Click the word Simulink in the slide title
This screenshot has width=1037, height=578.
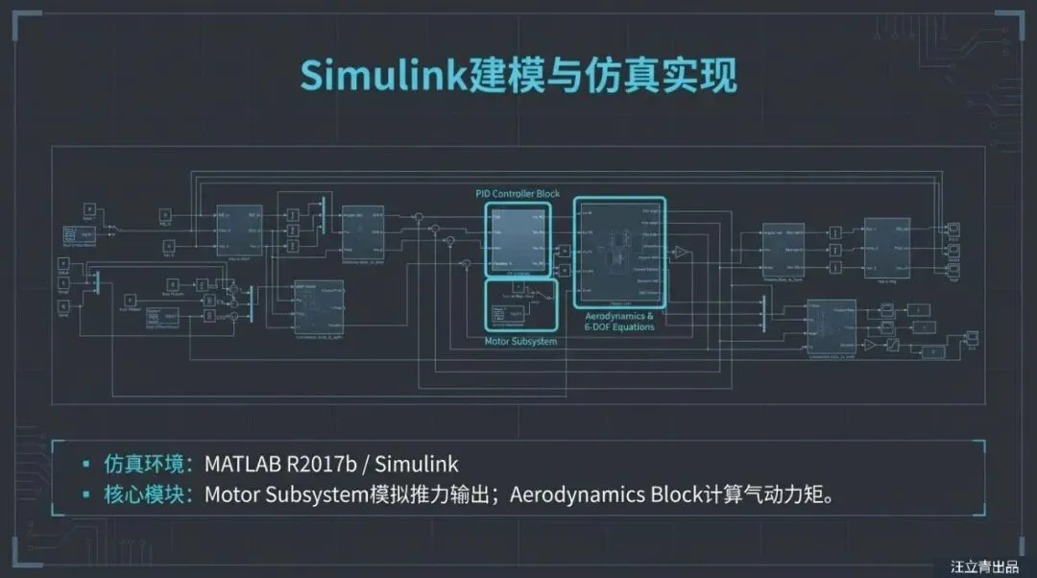click(383, 75)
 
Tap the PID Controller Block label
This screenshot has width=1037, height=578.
click(518, 194)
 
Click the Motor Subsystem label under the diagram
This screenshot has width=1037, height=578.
click(520, 342)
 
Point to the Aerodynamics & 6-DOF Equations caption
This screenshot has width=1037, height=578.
click(619, 321)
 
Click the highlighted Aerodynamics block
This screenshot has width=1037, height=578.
click(619, 253)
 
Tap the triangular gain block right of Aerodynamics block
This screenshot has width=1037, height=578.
click(680, 253)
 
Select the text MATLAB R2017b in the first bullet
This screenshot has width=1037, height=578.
click(280, 465)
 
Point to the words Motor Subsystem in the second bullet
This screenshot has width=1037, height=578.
click(279, 495)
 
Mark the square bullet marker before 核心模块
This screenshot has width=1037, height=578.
click(86, 496)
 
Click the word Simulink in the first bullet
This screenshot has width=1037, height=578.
click(417, 465)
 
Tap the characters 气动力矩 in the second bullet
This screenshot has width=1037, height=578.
click(793, 495)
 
